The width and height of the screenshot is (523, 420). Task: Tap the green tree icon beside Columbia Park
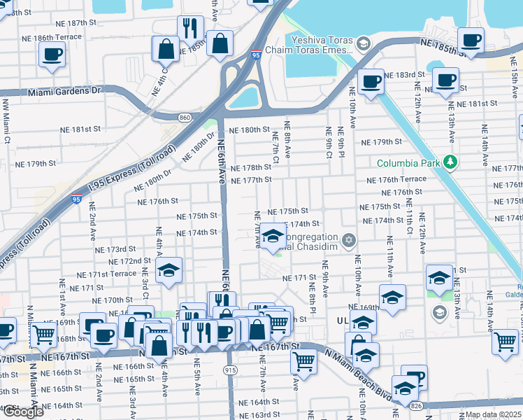pyautogui.click(x=451, y=162)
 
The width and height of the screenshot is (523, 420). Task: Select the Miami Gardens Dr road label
pyautogui.click(x=65, y=91)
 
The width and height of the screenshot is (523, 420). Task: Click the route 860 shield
pyautogui.click(x=184, y=117)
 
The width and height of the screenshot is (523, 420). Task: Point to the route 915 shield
pyautogui.click(x=229, y=369)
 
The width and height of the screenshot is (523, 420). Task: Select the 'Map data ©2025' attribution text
pyautogui.click(x=493, y=414)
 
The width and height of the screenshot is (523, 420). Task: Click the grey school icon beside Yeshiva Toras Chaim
pyautogui.click(x=363, y=45)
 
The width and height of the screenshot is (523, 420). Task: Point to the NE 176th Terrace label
pyautogui.click(x=396, y=180)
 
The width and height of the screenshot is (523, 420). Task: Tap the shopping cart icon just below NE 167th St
pyautogui.click(x=303, y=361)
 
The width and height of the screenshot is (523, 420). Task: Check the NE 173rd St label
pyautogui.click(x=115, y=248)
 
